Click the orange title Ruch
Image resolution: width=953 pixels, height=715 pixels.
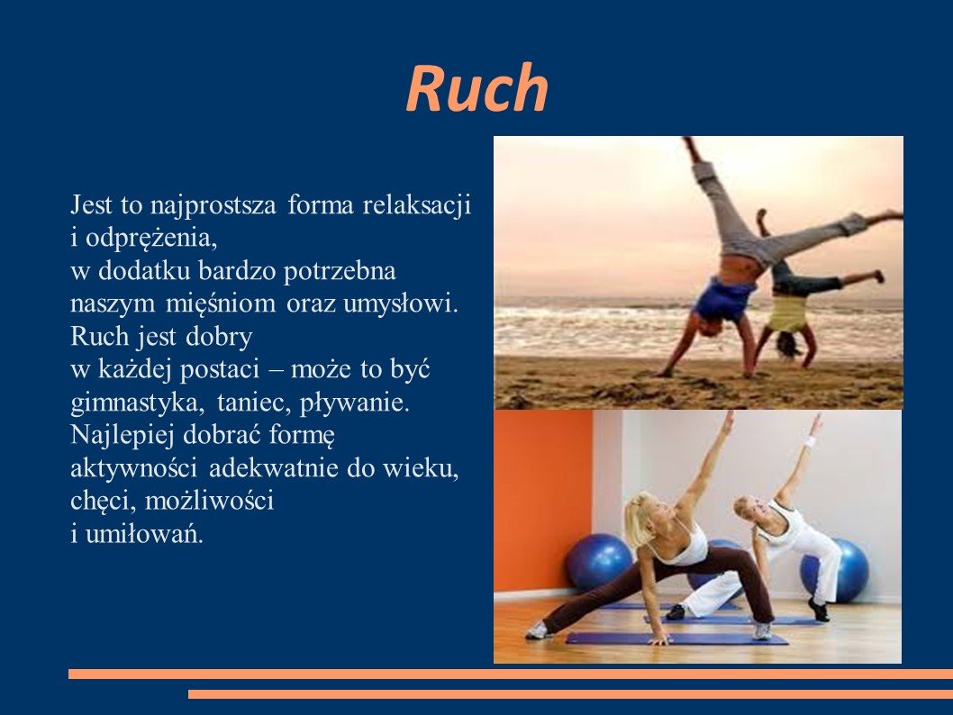pos(477,88)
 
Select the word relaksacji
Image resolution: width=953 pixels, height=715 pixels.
pos(417,204)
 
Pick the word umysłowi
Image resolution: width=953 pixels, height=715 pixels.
pos(401,303)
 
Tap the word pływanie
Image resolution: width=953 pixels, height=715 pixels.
pos(354,403)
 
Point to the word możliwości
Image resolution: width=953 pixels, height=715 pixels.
pos(210,502)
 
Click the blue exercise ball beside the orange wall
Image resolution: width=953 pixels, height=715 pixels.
pos(599,561)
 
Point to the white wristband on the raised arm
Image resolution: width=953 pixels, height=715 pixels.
pos(809,441)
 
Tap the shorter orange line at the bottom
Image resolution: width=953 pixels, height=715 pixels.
pos(571,693)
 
